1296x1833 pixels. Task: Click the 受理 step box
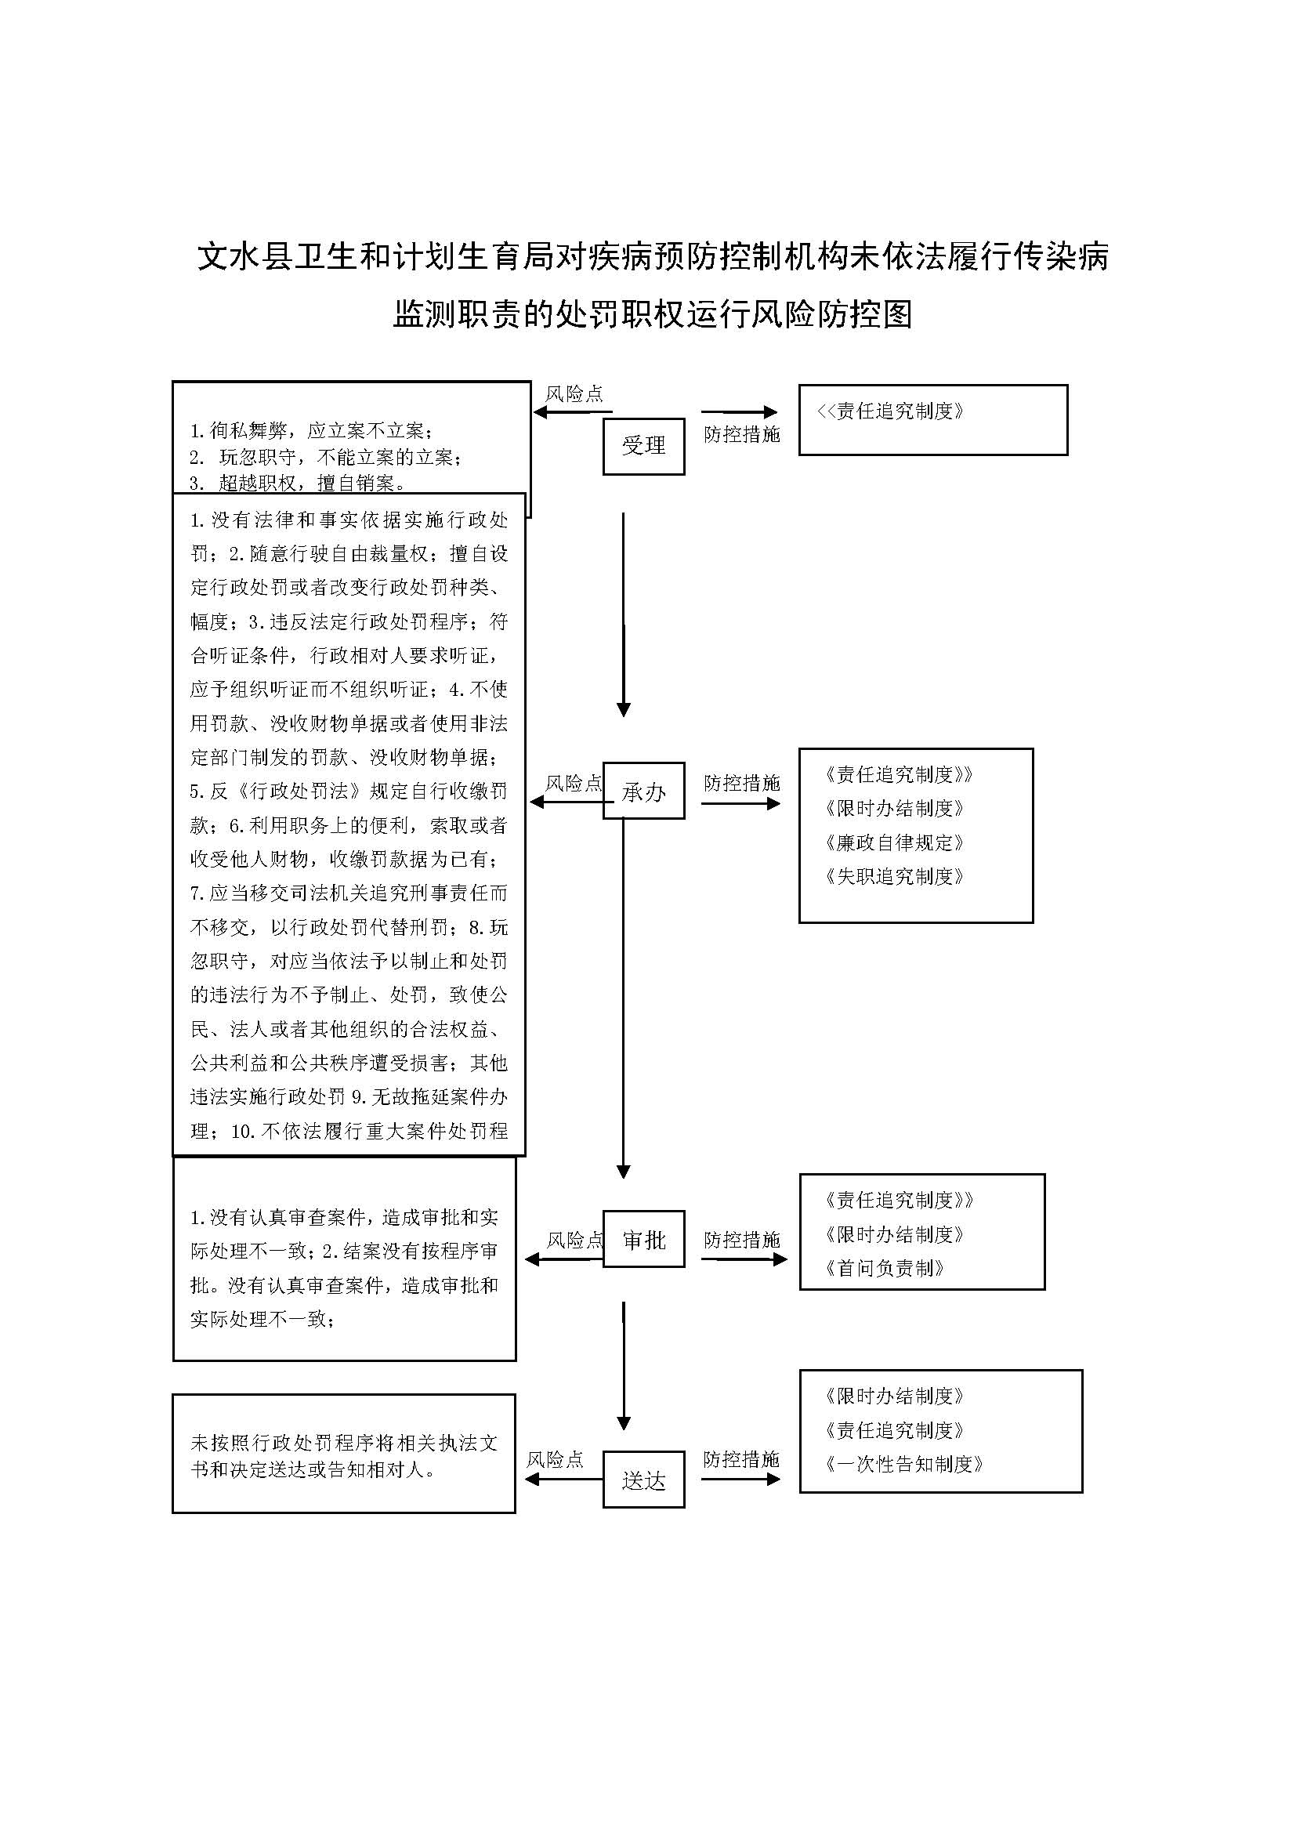point(643,446)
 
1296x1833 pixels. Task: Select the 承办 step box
point(643,791)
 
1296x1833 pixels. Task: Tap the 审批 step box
point(643,1239)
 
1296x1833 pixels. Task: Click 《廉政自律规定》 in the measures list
point(895,842)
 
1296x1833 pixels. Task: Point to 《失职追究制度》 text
point(895,876)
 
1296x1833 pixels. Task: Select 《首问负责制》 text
point(885,1268)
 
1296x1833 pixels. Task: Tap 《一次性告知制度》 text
point(904,1463)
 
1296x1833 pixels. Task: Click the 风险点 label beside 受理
point(574,393)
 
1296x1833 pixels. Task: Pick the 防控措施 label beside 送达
point(741,1459)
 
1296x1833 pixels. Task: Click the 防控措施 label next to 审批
point(741,1240)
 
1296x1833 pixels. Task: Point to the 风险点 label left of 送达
point(555,1459)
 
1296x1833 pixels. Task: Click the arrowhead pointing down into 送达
point(624,1422)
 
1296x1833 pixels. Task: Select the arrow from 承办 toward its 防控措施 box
point(740,803)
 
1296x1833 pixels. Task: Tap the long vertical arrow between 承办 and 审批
point(623,998)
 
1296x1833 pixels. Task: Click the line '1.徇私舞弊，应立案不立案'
point(312,431)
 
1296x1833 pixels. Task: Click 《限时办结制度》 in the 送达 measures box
point(895,1396)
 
